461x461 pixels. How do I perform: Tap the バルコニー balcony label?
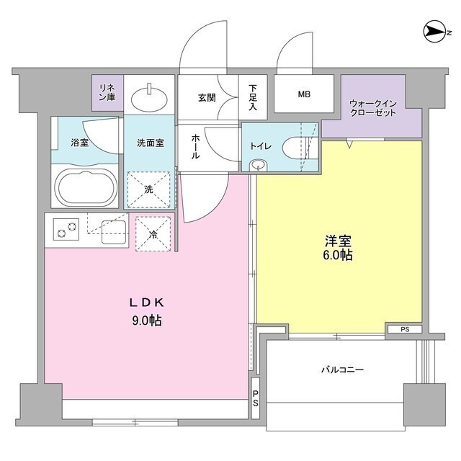click(x=341, y=370)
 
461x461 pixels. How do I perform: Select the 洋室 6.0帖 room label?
click(x=337, y=249)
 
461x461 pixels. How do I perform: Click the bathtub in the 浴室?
click(x=86, y=188)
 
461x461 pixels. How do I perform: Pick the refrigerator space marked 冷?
click(x=153, y=234)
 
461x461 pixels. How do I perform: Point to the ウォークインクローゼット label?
click(x=372, y=108)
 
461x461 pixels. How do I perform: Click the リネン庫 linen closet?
click(x=107, y=93)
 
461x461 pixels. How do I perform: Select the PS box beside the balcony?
click(x=256, y=398)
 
